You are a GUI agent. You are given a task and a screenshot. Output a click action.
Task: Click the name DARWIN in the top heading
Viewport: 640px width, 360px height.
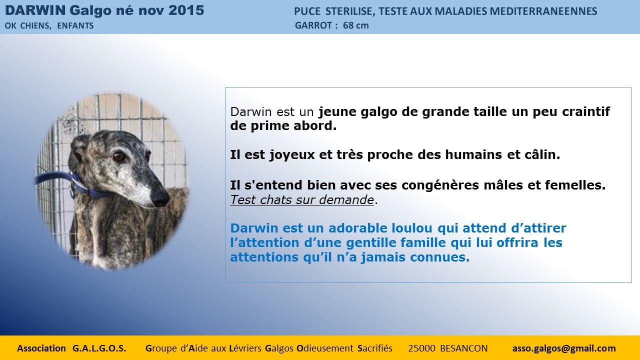click(35, 10)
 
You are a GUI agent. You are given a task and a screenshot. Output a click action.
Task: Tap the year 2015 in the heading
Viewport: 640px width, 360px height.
click(186, 10)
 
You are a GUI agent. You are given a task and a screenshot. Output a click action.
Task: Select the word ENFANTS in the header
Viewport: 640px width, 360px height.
click(75, 25)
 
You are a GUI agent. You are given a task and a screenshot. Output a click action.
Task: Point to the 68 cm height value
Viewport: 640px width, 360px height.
click(355, 25)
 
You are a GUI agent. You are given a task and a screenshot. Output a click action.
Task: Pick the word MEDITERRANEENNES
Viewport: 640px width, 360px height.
click(543, 11)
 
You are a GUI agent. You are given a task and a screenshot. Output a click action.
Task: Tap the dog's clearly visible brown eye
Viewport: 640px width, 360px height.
click(118, 156)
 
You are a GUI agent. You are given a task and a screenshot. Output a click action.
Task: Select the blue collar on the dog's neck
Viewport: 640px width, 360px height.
click(75, 183)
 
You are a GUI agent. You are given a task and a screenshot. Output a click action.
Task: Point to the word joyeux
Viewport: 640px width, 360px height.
click(292, 155)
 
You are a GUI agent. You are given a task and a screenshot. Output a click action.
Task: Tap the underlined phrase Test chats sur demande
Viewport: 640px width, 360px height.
click(302, 199)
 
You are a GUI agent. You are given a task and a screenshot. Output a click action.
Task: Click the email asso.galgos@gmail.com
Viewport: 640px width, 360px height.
click(564, 348)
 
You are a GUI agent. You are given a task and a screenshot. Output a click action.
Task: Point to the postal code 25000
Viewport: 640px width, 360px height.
click(421, 348)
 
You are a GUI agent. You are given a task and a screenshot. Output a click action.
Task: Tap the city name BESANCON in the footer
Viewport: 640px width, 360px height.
click(463, 348)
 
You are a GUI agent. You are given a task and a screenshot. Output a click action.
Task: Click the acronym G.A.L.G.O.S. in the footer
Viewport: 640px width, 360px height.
click(99, 348)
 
